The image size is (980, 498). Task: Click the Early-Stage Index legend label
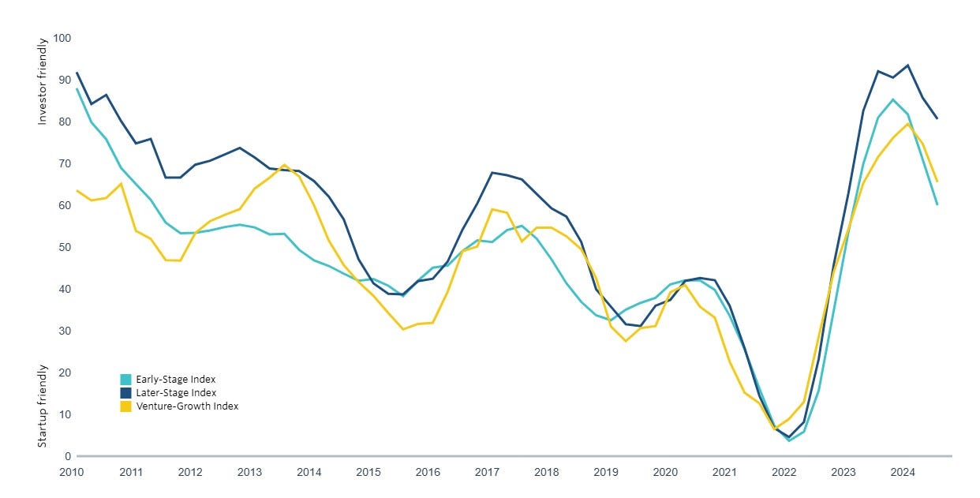pos(176,379)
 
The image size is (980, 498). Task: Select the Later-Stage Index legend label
pos(176,392)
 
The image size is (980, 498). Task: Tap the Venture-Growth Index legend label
pos(187,406)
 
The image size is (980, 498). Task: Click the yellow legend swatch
pos(125,406)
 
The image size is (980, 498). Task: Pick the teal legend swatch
pos(125,379)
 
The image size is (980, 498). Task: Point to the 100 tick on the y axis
pos(62,38)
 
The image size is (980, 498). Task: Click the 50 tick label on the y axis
pos(65,247)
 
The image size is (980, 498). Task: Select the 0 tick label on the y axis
pos(68,456)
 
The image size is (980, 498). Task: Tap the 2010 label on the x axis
pos(71,472)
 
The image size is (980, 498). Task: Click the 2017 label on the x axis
pos(487,472)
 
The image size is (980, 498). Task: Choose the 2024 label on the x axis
pos(903,472)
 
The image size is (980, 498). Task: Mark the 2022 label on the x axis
pos(784,472)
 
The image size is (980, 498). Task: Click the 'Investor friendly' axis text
pos(42,81)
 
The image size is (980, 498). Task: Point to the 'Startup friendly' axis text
pos(42,406)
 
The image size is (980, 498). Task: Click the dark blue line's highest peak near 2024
pos(908,66)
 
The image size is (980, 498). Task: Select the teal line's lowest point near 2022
pos(789,440)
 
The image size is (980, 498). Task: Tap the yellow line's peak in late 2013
pos(284,164)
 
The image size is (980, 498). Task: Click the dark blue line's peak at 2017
pos(492,172)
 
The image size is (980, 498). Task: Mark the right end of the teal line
pos(937,204)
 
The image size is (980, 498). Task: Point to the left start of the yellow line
pos(77,190)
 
